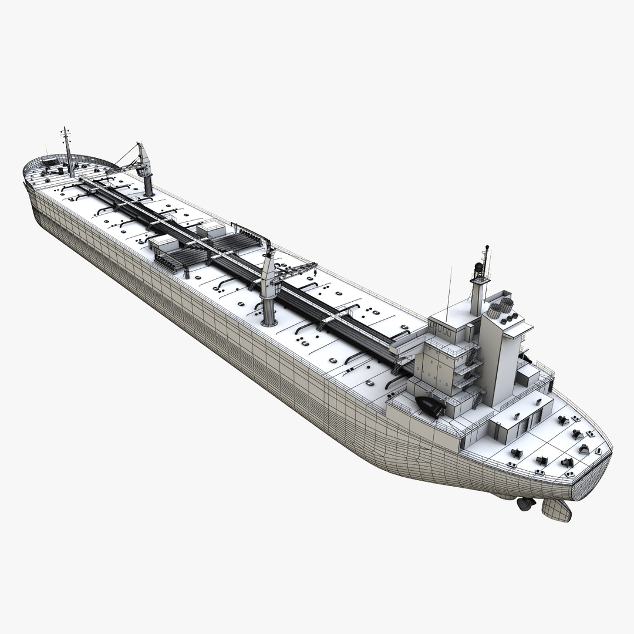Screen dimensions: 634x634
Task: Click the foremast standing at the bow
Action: pos(68,153)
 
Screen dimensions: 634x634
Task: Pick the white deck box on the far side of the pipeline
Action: pos(211,228)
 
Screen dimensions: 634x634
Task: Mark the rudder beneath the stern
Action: pos(557,510)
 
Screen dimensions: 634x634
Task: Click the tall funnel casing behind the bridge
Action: pos(499,358)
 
